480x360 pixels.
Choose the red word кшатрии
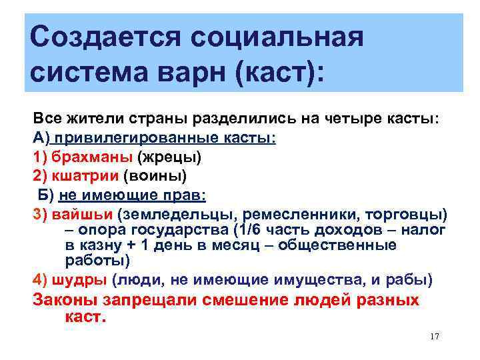tap(85, 177)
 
